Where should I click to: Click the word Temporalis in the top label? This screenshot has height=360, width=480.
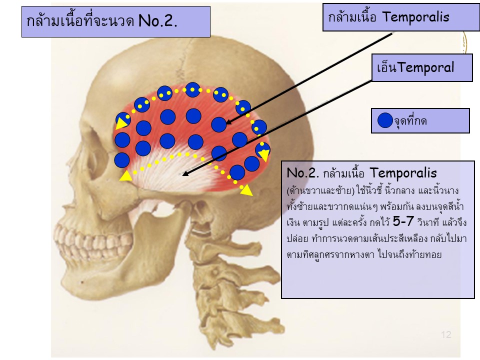(415, 17)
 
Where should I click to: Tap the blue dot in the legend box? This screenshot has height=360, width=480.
(385, 120)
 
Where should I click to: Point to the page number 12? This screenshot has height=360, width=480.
(446, 335)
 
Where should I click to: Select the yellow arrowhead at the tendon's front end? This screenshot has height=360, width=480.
(126, 175)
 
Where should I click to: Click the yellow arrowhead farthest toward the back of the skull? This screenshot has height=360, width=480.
(246, 189)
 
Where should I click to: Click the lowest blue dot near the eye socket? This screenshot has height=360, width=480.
(122, 160)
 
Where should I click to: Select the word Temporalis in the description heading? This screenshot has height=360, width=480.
(403, 173)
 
